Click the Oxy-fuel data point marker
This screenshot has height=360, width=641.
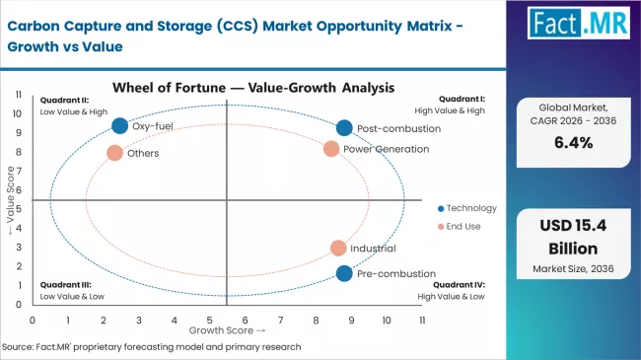120,125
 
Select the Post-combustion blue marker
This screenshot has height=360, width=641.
343,128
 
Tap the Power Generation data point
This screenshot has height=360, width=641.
331,149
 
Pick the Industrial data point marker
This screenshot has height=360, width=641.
338,249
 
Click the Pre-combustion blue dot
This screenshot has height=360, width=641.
343,273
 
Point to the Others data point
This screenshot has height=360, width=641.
114,153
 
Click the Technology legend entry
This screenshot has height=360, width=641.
466,208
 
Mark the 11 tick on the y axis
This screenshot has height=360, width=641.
19,94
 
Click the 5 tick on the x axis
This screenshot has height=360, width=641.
209,321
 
